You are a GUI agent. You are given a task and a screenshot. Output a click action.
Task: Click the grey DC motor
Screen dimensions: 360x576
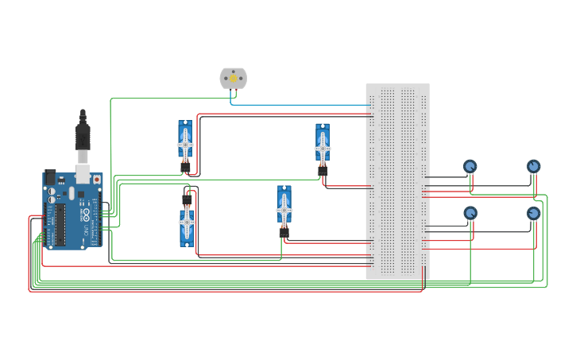coord(233,78)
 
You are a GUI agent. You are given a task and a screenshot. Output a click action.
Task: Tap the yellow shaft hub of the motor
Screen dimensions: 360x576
coord(233,78)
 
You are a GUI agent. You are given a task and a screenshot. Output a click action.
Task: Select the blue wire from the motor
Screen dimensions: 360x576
coord(302,104)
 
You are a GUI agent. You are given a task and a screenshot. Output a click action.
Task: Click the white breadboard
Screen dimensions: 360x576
coord(397,181)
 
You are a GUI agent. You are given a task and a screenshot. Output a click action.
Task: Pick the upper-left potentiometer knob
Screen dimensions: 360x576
coord(470,166)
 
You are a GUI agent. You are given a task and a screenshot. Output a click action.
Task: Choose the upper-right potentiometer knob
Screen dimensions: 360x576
coord(533,166)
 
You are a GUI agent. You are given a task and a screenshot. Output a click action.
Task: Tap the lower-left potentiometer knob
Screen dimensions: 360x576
coord(470,213)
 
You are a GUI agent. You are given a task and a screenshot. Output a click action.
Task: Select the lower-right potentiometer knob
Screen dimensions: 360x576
coord(533,213)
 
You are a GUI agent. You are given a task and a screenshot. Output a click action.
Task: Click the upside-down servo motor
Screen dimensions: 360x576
coord(187,223)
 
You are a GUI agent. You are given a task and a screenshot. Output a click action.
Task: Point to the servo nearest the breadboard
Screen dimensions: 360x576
coord(322,147)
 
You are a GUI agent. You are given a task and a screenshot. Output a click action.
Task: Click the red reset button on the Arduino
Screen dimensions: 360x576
coord(97,180)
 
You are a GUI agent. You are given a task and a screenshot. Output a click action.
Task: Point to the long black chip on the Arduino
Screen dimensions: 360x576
coord(60,224)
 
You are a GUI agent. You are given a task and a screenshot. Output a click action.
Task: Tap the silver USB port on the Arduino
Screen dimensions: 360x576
coord(83,176)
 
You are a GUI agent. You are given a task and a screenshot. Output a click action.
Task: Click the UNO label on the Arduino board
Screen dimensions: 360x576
coord(85,230)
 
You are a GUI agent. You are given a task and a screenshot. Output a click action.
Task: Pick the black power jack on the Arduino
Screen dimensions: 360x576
coord(49,178)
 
